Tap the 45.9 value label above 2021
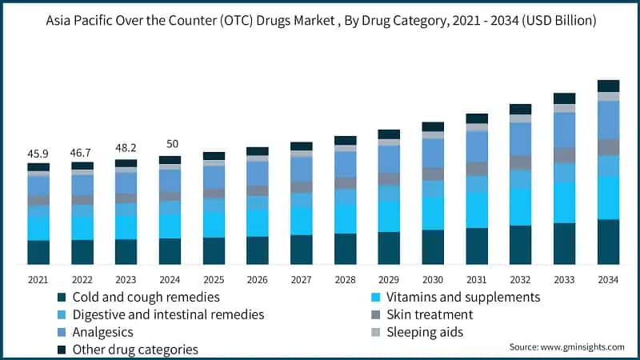click(38, 153)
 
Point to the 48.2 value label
click(126, 149)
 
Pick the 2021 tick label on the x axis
click(38, 279)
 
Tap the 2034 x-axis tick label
click(608, 279)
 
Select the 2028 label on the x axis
click(345, 279)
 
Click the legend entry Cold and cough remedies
click(146, 297)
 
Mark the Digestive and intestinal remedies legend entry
click(168, 314)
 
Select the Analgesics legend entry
click(102, 332)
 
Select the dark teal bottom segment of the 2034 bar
click(608, 242)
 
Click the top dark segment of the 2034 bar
click(608, 86)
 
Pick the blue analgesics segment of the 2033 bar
click(565, 130)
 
